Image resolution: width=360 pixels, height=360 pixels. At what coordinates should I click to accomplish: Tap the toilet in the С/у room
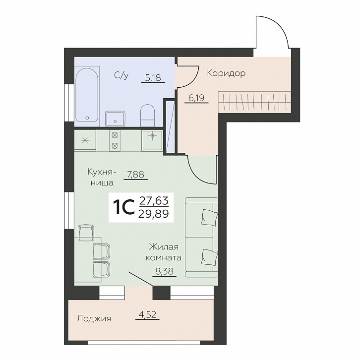148,115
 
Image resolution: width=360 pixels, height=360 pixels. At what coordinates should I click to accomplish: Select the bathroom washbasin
115,119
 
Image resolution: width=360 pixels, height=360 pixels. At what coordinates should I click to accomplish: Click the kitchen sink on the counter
152,140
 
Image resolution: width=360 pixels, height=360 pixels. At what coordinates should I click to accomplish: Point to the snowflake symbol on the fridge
85,140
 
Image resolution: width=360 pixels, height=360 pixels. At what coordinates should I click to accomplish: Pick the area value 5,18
153,78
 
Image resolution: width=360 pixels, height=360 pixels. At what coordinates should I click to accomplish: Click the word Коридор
226,73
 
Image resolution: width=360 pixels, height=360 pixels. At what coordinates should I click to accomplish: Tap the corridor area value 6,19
196,98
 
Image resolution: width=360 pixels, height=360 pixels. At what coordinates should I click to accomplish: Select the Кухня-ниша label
101,178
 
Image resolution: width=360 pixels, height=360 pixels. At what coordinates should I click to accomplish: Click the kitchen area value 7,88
136,175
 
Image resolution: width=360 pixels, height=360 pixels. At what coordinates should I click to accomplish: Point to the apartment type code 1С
124,207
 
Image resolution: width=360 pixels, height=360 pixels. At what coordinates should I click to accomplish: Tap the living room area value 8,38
165,272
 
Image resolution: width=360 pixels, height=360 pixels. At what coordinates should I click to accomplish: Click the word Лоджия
94,319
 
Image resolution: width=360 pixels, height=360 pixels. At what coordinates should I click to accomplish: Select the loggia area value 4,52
147,314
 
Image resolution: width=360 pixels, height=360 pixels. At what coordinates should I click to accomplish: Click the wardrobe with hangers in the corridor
254,102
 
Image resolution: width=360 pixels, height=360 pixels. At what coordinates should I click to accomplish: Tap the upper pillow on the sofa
209,217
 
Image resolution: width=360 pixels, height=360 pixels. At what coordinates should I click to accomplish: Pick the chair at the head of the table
86,233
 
